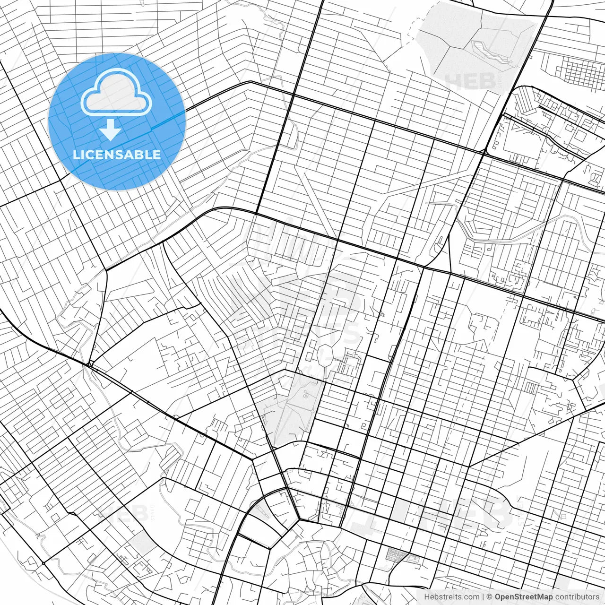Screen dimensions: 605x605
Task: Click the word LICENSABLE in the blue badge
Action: tap(117, 155)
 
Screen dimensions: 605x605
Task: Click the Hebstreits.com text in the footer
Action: tap(451, 597)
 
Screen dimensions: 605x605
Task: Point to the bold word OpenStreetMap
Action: tap(524, 597)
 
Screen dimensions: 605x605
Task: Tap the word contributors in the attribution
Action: tap(577, 597)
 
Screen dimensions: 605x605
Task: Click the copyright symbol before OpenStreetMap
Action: tap(490, 597)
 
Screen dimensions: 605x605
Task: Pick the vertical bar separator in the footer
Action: tap(483, 597)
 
